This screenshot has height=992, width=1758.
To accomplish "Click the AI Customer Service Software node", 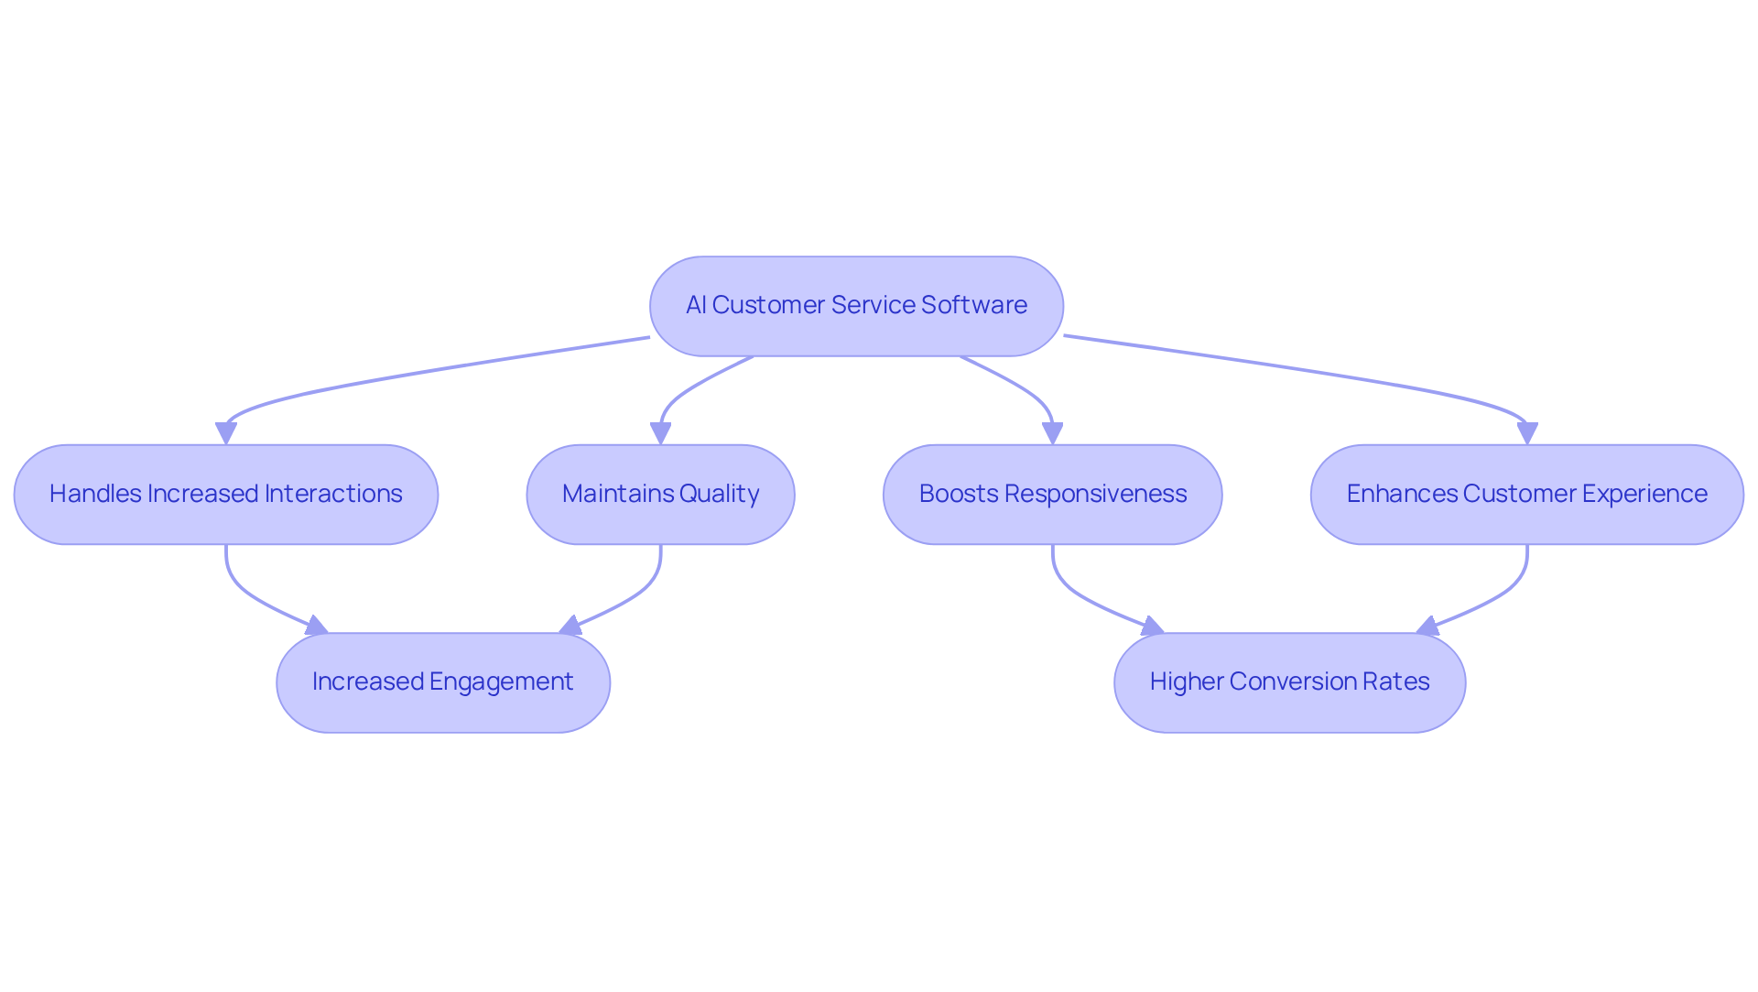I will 856,306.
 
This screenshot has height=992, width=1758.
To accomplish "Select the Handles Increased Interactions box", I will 226,495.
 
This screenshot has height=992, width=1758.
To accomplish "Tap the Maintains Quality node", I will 660,495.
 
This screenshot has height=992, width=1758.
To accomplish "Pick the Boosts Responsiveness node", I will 1052,495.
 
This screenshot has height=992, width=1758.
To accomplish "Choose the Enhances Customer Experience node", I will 1526,495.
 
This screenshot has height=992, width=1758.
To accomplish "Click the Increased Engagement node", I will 443,682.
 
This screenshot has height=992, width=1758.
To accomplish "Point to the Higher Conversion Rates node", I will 1289,682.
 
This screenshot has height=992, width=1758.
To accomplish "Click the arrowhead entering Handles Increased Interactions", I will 226,433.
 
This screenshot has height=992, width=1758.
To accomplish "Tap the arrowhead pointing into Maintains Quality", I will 660,433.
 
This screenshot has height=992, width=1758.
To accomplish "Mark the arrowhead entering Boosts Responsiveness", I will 1052,433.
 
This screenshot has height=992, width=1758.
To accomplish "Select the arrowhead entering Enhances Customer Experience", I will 1526,433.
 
